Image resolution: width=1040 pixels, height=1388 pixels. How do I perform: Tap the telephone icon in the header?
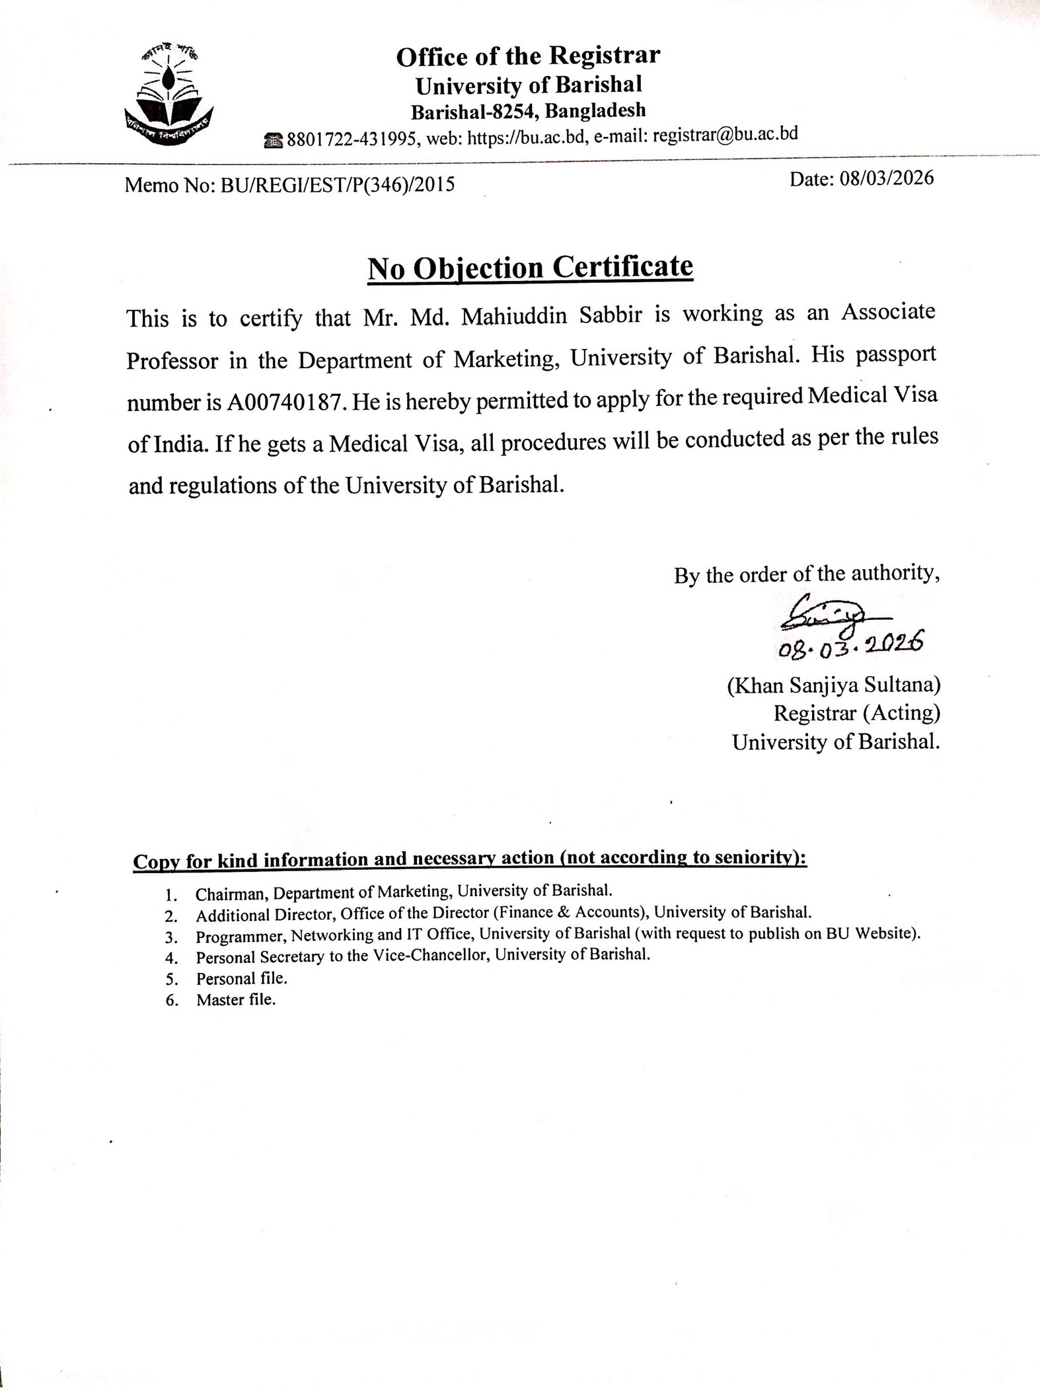tap(274, 139)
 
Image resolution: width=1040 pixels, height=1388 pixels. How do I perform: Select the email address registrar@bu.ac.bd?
tap(725, 135)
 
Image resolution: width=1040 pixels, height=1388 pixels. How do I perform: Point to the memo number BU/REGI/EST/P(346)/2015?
tap(338, 184)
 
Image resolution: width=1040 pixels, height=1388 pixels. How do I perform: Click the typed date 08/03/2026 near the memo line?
tap(887, 178)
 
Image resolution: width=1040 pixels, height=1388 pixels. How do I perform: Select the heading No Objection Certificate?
tap(530, 268)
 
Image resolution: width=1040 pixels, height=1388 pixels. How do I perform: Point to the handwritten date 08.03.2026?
tap(850, 646)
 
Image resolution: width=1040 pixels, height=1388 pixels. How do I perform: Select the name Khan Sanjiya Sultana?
tap(834, 685)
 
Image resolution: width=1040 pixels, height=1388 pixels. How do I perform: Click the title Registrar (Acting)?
tap(856, 713)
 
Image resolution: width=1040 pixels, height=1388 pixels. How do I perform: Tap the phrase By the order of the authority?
tap(807, 574)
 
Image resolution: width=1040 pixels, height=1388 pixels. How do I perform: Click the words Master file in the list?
tap(235, 1000)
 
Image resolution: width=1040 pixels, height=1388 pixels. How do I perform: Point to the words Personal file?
tap(241, 979)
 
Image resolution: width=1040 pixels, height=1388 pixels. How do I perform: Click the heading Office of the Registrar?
tap(528, 56)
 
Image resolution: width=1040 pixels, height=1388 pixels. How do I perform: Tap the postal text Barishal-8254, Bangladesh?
tap(528, 111)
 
